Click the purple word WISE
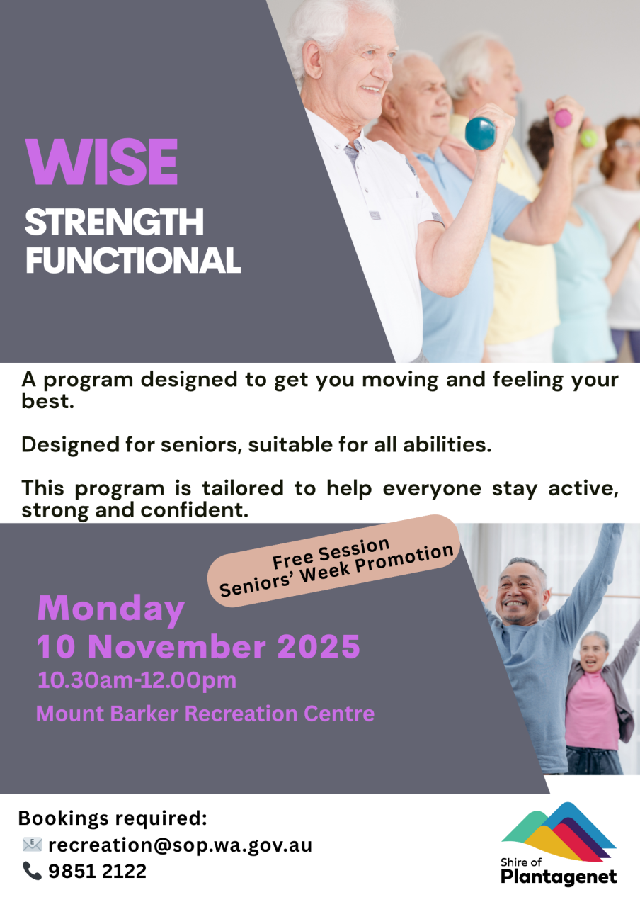(x=101, y=162)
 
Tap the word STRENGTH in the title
(x=114, y=222)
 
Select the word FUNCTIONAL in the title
(x=133, y=259)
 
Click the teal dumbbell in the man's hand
(x=480, y=133)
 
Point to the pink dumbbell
(x=563, y=118)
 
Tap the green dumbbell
(x=588, y=138)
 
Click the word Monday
(x=111, y=610)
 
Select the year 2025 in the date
(x=319, y=647)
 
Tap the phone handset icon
(x=32, y=871)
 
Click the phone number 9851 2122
(x=98, y=871)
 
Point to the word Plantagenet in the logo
(x=559, y=877)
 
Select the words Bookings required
(x=113, y=818)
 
